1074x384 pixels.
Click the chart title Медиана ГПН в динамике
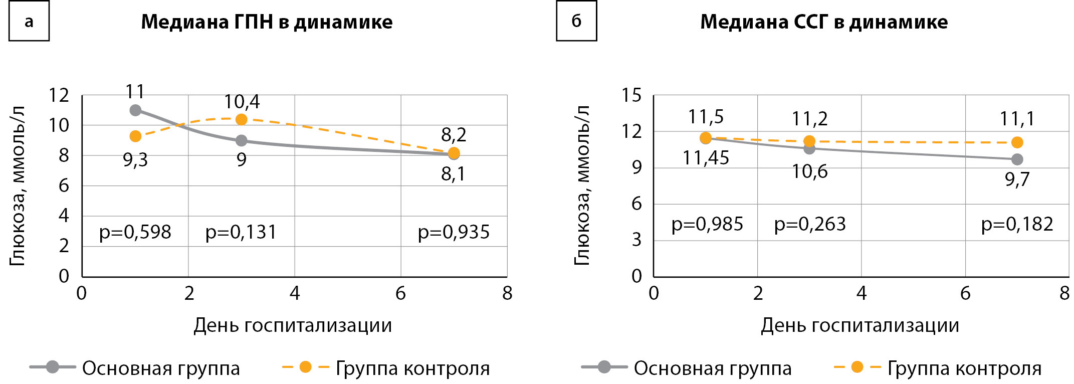pyautogui.click(x=267, y=22)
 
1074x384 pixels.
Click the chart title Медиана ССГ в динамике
pyautogui.click(x=824, y=22)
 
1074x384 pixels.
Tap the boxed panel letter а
pyautogui.click(x=29, y=21)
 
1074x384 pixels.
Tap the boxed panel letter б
pyautogui.click(x=576, y=21)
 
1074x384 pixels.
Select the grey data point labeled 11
pyautogui.click(x=135, y=110)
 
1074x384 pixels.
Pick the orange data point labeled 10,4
pyautogui.click(x=242, y=119)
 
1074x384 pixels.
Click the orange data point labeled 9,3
pyautogui.click(x=135, y=136)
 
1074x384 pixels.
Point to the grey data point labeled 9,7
pyautogui.click(x=1017, y=159)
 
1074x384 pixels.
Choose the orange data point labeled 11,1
pyautogui.click(x=1017, y=142)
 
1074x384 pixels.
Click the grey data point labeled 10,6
pyautogui.click(x=809, y=148)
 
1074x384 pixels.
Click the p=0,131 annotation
pyautogui.click(x=241, y=232)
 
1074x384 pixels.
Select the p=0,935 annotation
pyautogui.click(x=454, y=232)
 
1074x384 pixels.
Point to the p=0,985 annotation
pyautogui.click(x=707, y=224)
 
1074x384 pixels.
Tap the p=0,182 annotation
pyautogui.click(x=1017, y=224)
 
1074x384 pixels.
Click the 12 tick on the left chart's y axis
pyautogui.click(x=59, y=95)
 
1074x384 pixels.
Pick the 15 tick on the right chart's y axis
pyautogui.click(x=631, y=95)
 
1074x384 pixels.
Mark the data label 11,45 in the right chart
pyautogui.click(x=706, y=158)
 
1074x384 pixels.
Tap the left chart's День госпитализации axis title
pyautogui.click(x=293, y=326)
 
